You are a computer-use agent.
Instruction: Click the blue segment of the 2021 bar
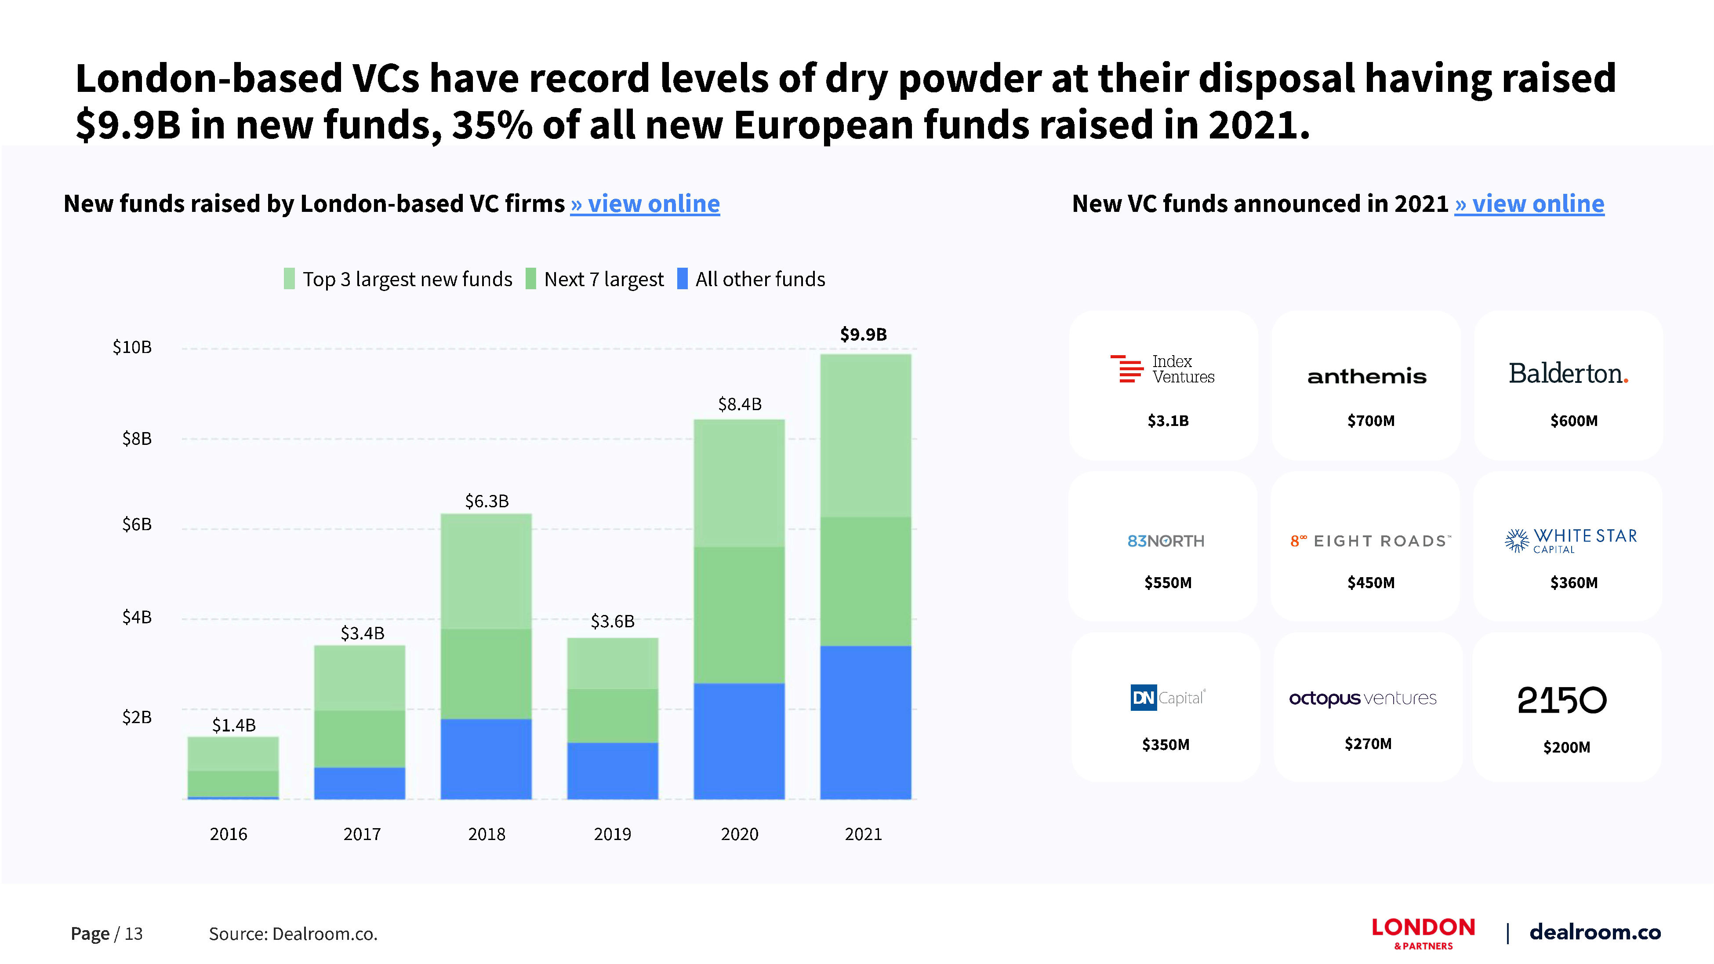(x=865, y=722)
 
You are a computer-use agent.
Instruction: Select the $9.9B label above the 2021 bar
(x=863, y=334)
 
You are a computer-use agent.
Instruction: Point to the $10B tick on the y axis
(x=132, y=347)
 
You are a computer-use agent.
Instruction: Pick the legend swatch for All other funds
(x=682, y=279)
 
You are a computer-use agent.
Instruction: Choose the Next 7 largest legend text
(x=603, y=280)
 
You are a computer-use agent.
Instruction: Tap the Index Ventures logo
(x=1162, y=369)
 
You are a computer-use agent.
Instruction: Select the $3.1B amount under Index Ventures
(x=1168, y=421)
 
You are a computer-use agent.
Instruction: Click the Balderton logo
(x=1568, y=374)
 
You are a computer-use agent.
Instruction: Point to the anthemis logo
(x=1367, y=377)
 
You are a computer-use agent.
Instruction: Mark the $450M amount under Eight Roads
(x=1371, y=583)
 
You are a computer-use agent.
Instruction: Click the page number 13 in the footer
(x=134, y=934)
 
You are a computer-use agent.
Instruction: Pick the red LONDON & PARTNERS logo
(x=1423, y=933)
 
